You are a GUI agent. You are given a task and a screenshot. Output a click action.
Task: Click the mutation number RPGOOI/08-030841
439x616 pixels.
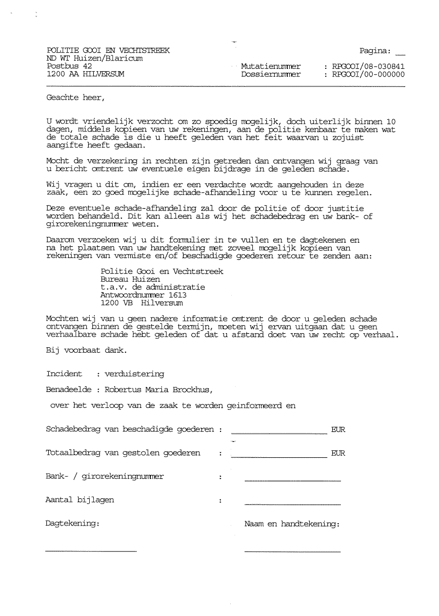[368, 66]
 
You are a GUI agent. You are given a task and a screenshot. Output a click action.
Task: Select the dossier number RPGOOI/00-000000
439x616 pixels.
[368, 75]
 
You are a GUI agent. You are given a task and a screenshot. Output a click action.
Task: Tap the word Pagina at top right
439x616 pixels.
[375, 50]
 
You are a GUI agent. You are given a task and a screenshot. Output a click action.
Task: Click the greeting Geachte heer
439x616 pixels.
[75, 97]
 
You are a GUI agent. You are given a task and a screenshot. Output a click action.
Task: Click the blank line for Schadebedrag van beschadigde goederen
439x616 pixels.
[279, 433]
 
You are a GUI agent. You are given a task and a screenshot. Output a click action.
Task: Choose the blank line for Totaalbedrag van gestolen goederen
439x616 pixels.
[279, 457]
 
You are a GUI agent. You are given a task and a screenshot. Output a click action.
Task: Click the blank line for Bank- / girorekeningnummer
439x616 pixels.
[292, 481]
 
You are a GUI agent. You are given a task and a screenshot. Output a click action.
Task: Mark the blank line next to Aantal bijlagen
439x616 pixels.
[292, 504]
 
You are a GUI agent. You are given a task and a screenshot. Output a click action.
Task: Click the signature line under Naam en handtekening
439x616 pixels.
[292, 552]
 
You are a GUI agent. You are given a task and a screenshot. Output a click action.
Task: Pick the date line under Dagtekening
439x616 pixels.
[91, 551]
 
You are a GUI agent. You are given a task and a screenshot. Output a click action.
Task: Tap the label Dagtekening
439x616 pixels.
[72, 524]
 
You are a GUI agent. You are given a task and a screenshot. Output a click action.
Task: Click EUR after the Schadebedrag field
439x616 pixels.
[338, 430]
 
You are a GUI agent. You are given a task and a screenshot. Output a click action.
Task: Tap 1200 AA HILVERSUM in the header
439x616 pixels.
[85, 74]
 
